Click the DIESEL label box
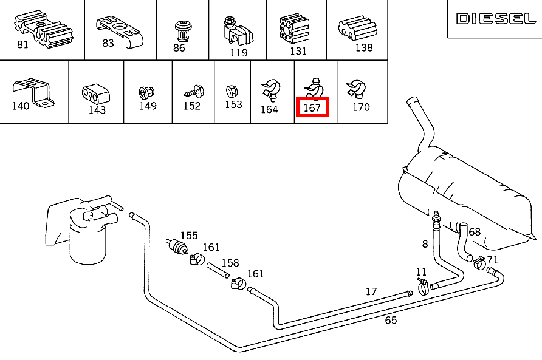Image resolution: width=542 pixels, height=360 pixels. (x=495, y=19)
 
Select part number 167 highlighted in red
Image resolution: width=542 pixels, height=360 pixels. (x=312, y=107)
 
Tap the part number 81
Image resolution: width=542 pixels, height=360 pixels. (x=22, y=44)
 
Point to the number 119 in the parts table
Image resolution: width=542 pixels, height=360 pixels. (x=239, y=53)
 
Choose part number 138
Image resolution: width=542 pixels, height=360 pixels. (x=364, y=47)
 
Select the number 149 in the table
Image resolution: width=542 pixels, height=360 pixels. (x=148, y=106)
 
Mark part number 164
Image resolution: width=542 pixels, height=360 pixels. (x=269, y=109)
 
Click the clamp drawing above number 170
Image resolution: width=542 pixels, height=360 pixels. (x=354, y=89)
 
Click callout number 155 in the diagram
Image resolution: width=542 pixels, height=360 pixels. (x=188, y=235)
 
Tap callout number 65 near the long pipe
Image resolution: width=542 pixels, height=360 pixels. (x=391, y=320)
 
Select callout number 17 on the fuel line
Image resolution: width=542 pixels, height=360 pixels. (x=371, y=291)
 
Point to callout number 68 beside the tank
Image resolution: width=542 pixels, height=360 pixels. (x=475, y=232)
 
